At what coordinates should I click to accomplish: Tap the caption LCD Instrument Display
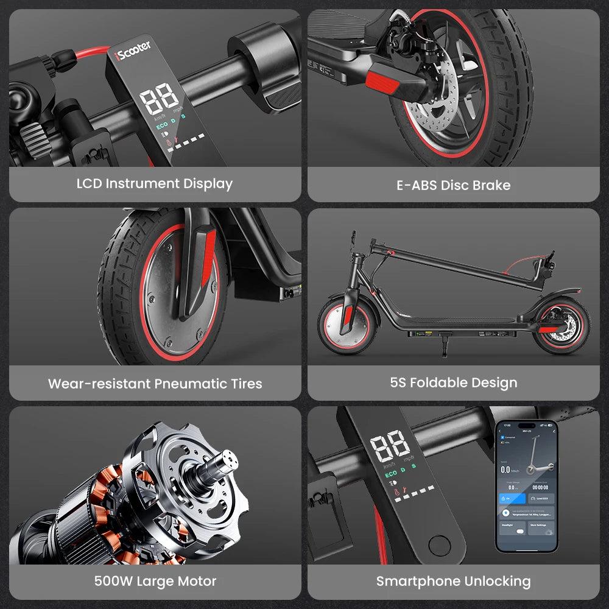coord(155,183)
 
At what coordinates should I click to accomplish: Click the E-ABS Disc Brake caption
coord(454,185)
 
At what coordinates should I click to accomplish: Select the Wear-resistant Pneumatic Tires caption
coord(155,384)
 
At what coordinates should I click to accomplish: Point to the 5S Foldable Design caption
coord(454,383)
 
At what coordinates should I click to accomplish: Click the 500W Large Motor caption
coord(155,581)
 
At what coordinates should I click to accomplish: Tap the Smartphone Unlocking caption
coord(454,582)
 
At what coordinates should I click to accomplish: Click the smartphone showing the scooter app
coord(526,485)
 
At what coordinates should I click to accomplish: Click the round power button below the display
coord(438,544)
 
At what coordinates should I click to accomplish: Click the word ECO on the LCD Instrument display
coord(162,127)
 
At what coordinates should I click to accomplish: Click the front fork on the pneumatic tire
coord(196,268)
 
